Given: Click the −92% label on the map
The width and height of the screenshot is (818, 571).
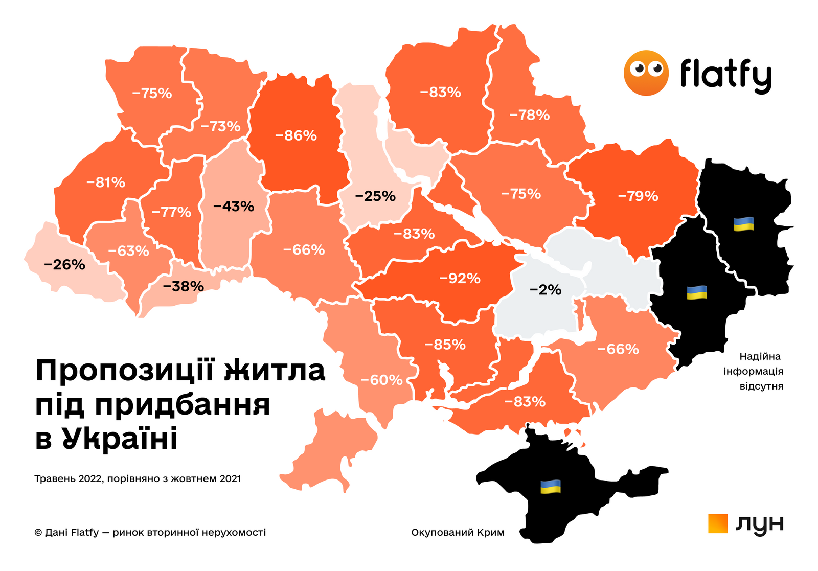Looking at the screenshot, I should (x=460, y=279).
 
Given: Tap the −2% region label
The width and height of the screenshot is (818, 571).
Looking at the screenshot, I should (x=546, y=290).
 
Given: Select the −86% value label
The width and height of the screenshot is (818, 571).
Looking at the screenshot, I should (x=296, y=135).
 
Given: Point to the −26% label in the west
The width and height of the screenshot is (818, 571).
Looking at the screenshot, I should (x=64, y=265).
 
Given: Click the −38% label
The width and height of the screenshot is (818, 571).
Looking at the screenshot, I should (x=183, y=286).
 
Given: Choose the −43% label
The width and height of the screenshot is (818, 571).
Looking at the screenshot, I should (x=234, y=207).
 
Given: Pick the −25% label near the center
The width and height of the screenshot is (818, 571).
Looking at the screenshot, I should (x=375, y=196).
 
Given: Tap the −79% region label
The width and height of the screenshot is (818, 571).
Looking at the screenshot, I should (x=638, y=196).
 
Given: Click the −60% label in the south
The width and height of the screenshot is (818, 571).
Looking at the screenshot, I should (x=381, y=380).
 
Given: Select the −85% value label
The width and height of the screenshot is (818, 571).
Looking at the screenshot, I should (x=445, y=345).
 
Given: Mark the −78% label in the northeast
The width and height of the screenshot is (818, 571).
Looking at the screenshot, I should (x=529, y=115).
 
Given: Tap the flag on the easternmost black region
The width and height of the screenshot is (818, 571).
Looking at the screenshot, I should (x=743, y=224).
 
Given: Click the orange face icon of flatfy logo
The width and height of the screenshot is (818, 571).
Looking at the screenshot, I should (x=646, y=73).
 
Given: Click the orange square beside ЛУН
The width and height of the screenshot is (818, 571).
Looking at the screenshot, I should (x=718, y=523).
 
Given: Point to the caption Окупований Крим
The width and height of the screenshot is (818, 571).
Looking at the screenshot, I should (x=458, y=532).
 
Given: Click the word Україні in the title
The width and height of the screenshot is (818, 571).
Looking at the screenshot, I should (x=120, y=439).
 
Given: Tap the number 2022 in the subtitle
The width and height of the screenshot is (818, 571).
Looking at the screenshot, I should (x=90, y=479).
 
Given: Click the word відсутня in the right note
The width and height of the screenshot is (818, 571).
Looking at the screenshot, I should (x=761, y=386).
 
